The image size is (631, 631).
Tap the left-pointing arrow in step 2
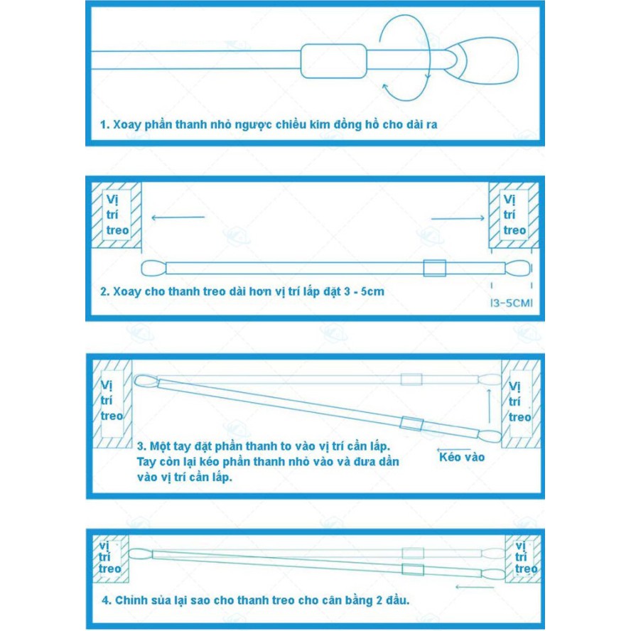point(178,217)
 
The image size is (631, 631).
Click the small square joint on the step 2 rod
point(434,269)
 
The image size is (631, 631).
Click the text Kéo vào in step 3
point(461,457)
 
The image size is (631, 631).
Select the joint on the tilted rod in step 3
point(411,424)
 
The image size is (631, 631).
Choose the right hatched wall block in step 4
point(522,557)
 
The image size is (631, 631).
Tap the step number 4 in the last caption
point(104,600)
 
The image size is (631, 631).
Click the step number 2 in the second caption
point(104,291)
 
